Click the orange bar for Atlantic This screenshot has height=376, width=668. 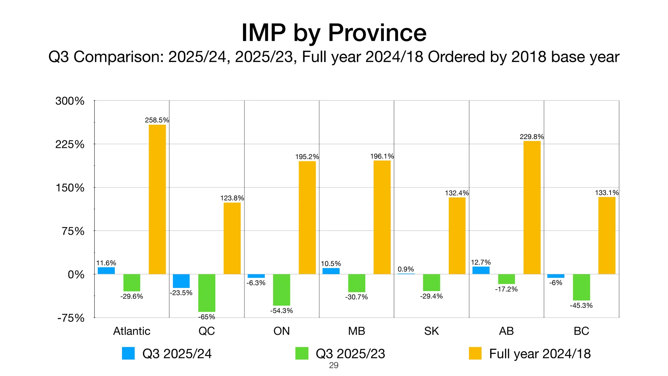(x=157, y=199)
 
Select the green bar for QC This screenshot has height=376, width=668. (x=206, y=293)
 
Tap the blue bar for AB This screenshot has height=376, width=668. (x=481, y=270)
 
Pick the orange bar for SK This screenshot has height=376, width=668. (x=457, y=236)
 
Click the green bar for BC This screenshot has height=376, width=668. (x=581, y=287)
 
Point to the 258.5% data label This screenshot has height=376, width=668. (x=157, y=120)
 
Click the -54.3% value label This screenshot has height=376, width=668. (x=281, y=311)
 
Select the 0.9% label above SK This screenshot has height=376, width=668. (x=405, y=269)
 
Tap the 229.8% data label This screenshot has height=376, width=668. (x=531, y=137)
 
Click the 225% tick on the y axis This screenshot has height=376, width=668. (x=70, y=144)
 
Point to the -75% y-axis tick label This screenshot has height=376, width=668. (x=71, y=318)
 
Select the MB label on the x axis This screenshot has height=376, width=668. (x=356, y=331)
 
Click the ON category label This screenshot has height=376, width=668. (x=281, y=331)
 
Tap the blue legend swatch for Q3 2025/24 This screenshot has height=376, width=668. (x=128, y=353)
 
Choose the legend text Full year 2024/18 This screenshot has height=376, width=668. (x=540, y=354)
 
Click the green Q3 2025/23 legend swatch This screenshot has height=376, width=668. (x=301, y=353)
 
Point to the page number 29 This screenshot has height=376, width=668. (x=334, y=365)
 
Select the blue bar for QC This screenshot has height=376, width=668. (x=181, y=281)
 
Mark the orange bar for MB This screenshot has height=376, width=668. (x=382, y=217)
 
